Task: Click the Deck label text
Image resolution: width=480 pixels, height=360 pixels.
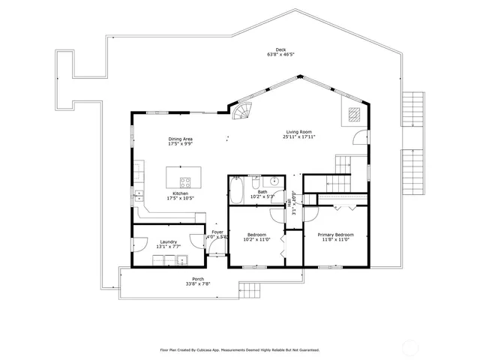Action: (280, 50)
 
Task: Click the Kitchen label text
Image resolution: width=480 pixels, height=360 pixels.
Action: (180, 193)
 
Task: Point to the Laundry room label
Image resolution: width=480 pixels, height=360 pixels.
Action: (168, 241)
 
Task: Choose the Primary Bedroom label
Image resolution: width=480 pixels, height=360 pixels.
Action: (335, 235)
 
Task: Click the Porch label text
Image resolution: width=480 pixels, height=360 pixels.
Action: (198, 279)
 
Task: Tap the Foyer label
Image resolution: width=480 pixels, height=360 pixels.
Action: (217, 232)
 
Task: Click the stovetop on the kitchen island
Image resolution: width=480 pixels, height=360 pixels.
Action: (185, 181)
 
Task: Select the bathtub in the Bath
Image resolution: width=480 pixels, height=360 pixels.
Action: (235, 190)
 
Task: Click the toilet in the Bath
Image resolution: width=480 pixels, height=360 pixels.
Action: (256, 182)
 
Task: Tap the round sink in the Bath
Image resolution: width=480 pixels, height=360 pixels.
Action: (274, 181)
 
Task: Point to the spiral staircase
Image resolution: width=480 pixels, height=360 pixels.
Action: (242, 113)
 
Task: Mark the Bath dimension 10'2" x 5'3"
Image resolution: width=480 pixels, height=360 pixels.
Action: (262, 197)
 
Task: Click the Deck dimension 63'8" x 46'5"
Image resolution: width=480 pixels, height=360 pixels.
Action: (280, 55)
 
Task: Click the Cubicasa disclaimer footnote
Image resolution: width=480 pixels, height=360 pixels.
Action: (240, 349)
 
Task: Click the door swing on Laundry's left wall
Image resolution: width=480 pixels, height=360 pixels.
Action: (140, 245)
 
